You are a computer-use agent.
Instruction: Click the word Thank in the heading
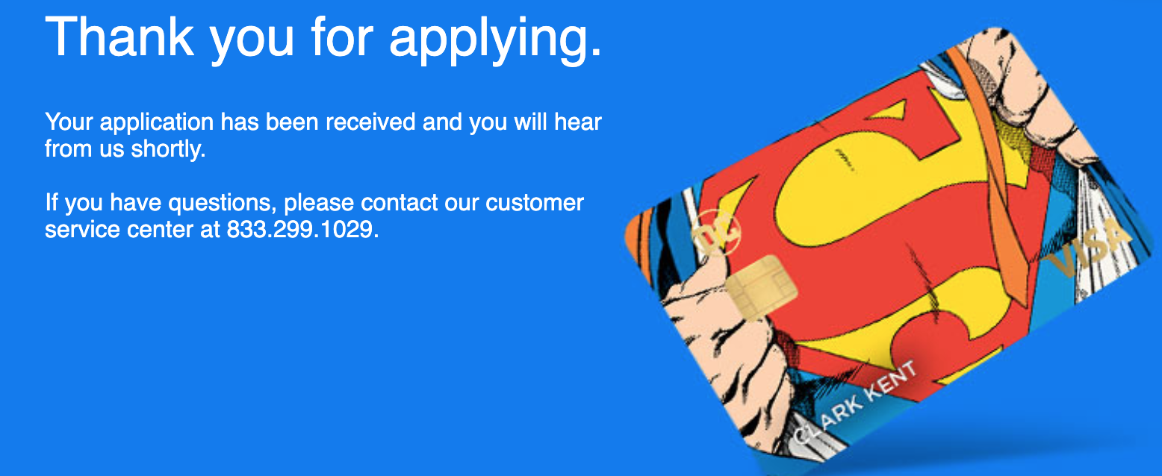[119, 37]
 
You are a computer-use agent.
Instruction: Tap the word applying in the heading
[495, 40]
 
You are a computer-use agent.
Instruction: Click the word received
[370, 122]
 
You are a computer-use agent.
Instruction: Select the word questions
[223, 204]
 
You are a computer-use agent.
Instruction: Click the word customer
[534, 203]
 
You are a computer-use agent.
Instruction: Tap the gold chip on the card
[761, 286]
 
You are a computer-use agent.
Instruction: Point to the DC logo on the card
[717, 234]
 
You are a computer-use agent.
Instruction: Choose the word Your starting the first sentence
[69, 122]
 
